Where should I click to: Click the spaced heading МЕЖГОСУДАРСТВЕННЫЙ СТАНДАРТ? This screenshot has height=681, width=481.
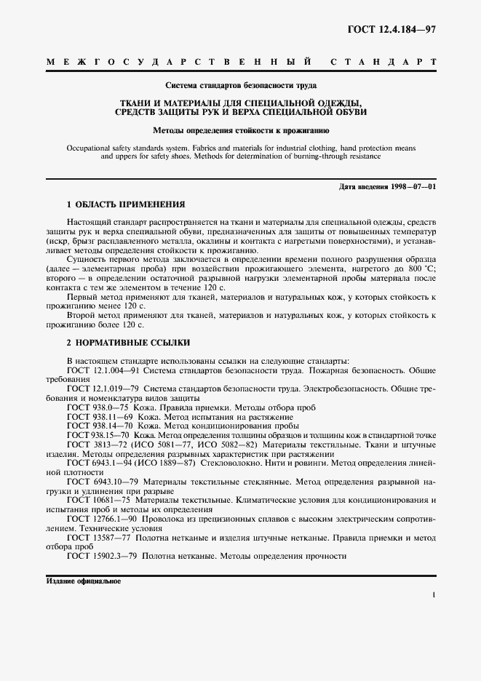click(241, 63)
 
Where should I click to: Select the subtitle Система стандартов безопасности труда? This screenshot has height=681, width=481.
click(240, 84)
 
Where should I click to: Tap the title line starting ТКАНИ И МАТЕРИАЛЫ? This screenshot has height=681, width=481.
click(240, 103)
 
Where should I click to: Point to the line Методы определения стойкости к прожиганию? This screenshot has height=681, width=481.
click(240, 131)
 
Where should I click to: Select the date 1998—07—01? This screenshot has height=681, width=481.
click(413, 187)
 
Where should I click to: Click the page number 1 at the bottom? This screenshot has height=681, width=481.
click(434, 596)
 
